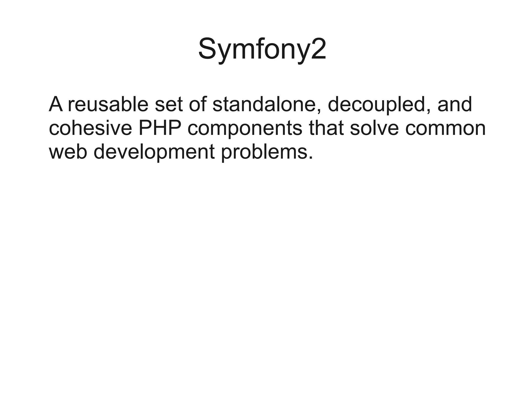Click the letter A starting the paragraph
(x=56, y=104)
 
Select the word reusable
(x=108, y=104)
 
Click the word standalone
(x=267, y=104)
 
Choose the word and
(x=455, y=104)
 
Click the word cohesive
(x=90, y=128)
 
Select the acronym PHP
(x=159, y=128)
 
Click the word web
(x=68, y=152)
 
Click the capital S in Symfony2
(x=208, y=49)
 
